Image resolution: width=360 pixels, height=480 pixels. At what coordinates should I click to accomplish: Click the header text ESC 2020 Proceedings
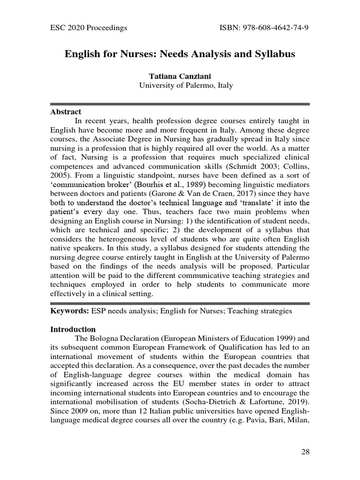tap(89, 28)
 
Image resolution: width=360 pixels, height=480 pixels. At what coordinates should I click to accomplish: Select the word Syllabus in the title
tap(273, 54)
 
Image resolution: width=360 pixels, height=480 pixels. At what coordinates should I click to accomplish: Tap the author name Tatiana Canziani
tap(180, 76)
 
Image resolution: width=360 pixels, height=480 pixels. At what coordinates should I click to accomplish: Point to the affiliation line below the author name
tap(180, 85)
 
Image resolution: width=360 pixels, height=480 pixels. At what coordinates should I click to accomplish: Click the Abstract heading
tap(66, 112)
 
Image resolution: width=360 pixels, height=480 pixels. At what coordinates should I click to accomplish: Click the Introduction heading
tap(73, 329)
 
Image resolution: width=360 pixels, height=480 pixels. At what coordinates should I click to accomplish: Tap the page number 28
tap(305, 452)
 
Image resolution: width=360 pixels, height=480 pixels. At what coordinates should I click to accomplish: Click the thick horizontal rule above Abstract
tap(180, 104)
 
